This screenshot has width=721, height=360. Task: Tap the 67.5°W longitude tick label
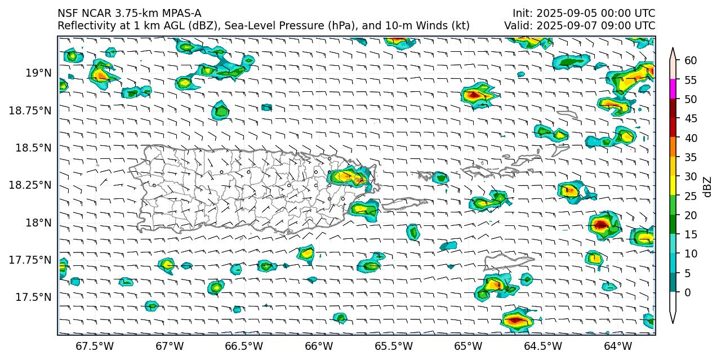coord(95,345)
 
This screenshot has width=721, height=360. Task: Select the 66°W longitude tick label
coord(318,345)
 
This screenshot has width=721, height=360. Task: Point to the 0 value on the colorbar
coord(687,292)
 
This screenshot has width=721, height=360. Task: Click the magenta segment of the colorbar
coord(673,90)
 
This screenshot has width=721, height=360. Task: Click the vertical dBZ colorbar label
coord(708,186)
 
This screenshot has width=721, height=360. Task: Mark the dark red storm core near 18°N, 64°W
coord(601,225)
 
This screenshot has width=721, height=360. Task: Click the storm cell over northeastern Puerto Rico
coord(348,177)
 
